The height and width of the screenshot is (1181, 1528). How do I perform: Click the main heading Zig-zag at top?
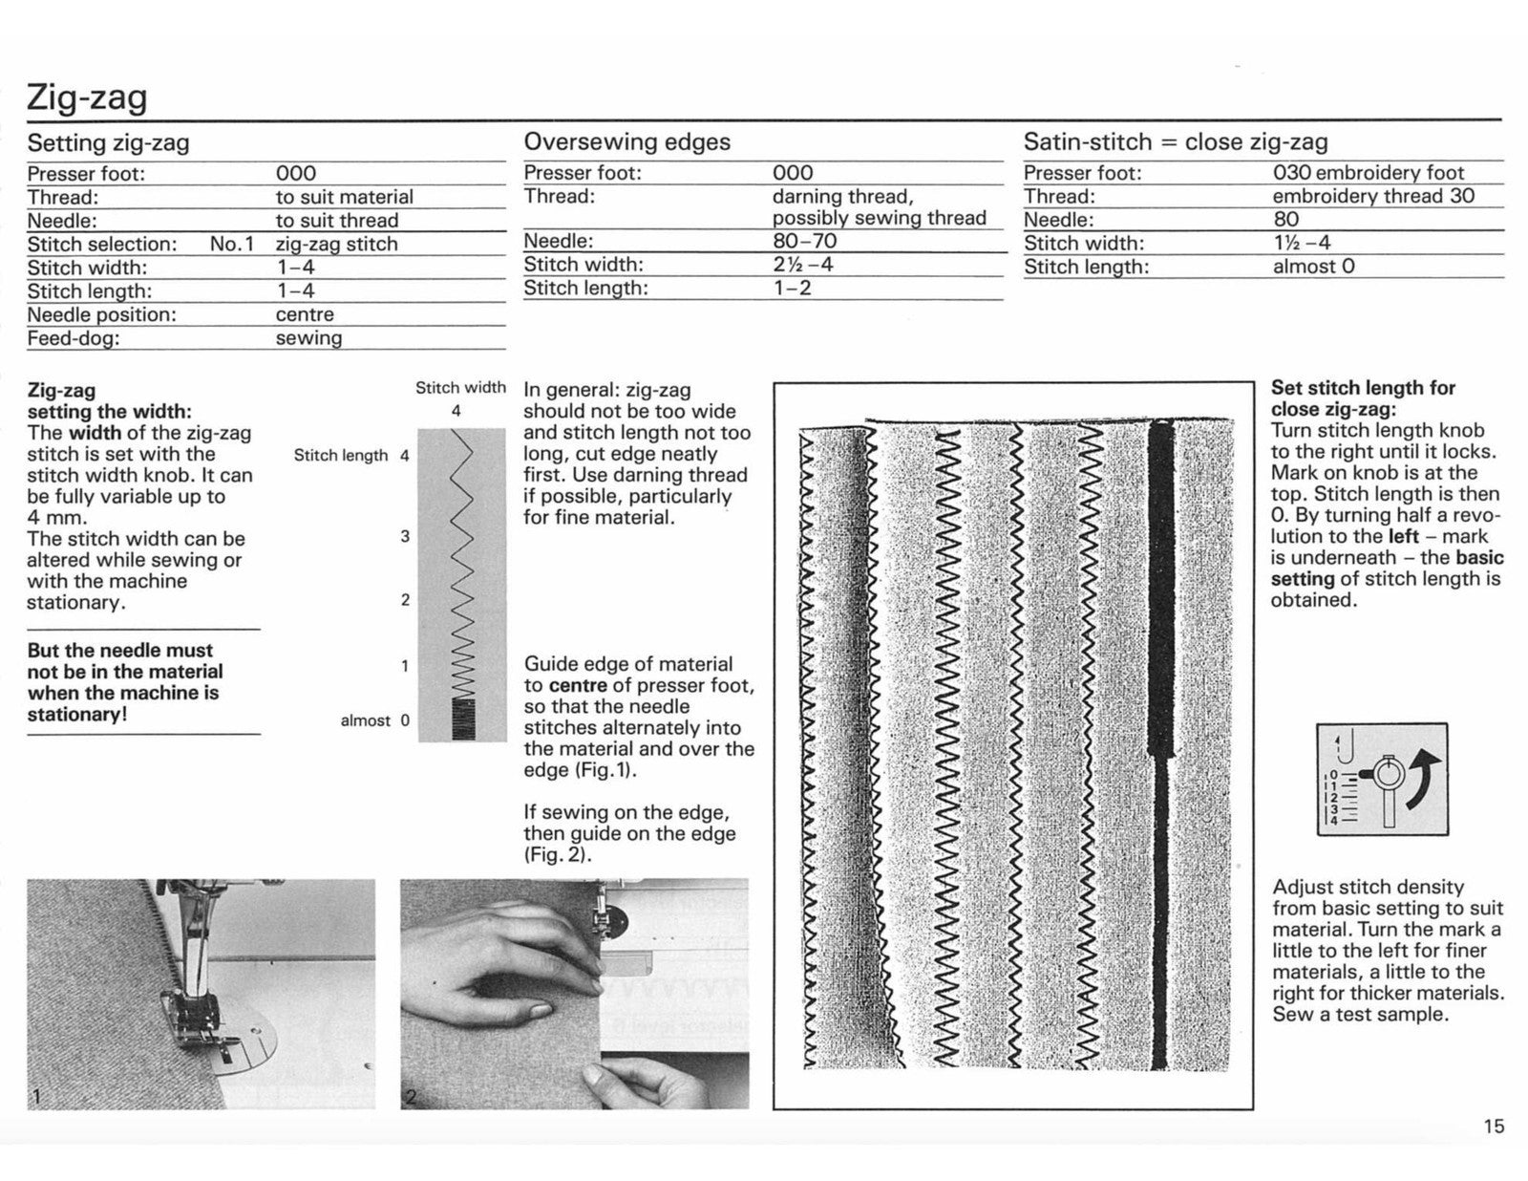(x=87, y=97)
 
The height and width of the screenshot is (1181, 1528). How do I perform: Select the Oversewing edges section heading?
(x=626, y=142)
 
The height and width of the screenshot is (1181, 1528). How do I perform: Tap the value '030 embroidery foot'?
(x=1368, y=173)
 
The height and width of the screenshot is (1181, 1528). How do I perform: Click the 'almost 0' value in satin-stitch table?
(x=1313, y=267)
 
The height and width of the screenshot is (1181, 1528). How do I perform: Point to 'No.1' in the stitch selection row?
(x=231, y=244)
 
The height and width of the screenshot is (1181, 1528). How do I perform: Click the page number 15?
(x=1494, y=1127)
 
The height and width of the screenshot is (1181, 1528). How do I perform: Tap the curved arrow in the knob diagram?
(x=1423, y=774)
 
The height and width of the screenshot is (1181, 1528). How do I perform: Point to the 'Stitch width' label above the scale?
(x=460, y=388)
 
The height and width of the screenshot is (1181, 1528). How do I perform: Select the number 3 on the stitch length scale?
(x=405, y=536)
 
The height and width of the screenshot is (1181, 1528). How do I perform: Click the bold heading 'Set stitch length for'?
(x=1363, y=388)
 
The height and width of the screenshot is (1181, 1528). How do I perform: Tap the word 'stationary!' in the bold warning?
(x=76, y=715)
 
